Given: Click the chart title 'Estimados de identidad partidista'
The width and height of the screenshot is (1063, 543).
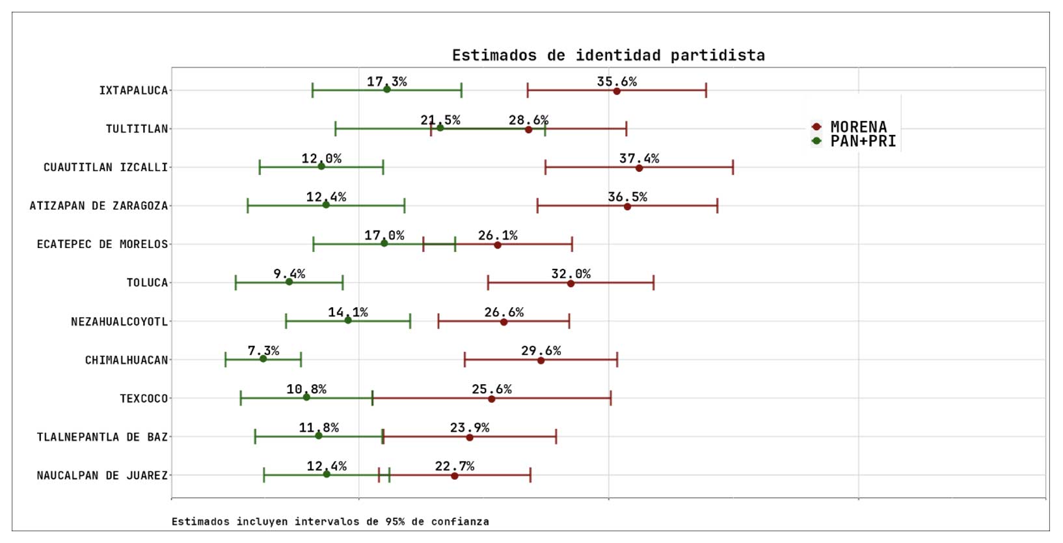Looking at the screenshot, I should point(608,55).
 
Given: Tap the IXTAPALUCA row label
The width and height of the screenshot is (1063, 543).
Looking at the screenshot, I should point(133,90).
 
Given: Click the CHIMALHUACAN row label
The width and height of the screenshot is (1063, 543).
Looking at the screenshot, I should point(126,360).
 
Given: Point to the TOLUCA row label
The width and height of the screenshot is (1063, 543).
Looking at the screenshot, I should point(147,283).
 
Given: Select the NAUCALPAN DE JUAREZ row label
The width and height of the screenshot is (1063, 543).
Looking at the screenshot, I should point(102,475).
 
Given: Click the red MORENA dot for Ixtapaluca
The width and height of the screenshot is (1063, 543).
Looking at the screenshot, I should point(617,91).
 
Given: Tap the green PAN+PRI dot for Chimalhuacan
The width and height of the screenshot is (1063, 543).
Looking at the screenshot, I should point(263,359).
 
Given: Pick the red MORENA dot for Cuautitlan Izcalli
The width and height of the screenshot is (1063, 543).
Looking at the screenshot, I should point(639,168).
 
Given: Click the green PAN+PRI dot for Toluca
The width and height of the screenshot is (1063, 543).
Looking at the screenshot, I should point(289,282).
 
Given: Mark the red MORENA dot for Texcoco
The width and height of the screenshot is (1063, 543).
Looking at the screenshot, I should point(491,398).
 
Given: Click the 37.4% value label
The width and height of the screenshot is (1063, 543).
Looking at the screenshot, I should point(639,158).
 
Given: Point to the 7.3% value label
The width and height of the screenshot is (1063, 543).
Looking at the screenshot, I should point(263,350).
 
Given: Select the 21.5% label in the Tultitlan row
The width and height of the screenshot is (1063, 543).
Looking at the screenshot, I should point(440,120).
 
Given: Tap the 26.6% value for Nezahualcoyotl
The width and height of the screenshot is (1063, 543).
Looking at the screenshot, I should point(504,312).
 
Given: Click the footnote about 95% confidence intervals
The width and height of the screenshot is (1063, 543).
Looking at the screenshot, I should point(330,522).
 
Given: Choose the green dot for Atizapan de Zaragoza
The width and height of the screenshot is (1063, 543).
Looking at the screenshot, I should point(326,205).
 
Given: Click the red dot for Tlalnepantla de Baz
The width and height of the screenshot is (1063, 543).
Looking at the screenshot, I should point(470,438).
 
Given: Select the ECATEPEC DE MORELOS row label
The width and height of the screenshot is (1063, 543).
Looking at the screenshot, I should point(102,244).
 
